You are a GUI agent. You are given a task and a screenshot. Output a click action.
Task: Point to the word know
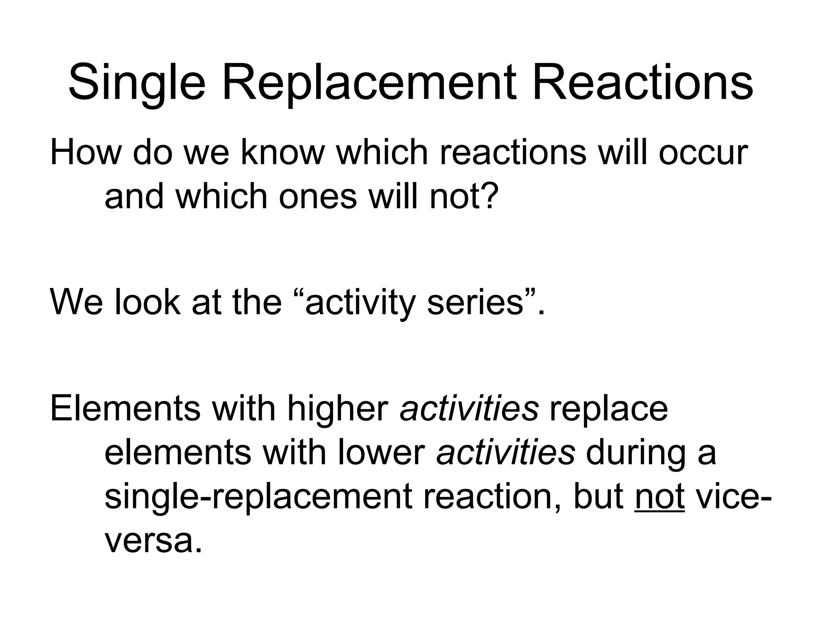coord(282,152)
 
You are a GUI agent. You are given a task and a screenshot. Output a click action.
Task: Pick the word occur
coord(703,152)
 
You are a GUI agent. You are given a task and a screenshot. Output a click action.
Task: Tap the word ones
coord(317,196)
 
